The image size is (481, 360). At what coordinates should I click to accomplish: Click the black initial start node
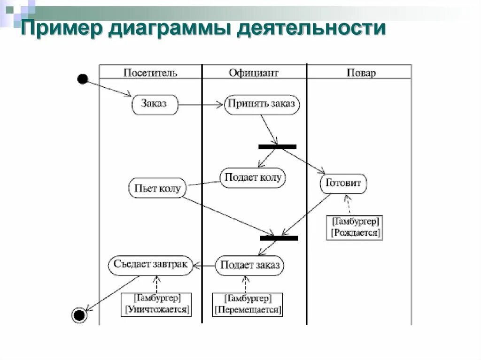(x=83, y=79)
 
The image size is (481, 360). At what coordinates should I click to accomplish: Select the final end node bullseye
(x=79, y=314)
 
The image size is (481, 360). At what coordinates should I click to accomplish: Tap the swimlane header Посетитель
(x=150, y=73)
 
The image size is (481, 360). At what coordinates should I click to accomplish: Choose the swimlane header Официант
(x=254, y=73)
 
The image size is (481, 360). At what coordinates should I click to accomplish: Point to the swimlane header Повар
(x=361, y=73)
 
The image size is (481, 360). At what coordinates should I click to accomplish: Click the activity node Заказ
(x=155, y=104)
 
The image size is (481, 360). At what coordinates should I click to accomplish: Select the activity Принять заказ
(x=262, y=104)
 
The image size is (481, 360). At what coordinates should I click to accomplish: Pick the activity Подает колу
(x=253, y=177)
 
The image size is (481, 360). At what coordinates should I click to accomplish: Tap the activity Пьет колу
(x=157, y=188)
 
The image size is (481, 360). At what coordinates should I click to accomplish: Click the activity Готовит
(x=343, y=184)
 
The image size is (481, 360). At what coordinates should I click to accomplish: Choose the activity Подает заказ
(x=250, y=266)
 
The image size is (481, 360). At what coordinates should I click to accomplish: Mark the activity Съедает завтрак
(x=150, y=265)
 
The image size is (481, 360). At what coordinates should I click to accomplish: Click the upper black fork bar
(x=278, y=146)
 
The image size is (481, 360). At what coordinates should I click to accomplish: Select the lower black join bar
(x=279, y=238)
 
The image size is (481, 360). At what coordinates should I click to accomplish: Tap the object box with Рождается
(x=355, y=227)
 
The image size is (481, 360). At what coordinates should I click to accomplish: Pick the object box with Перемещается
(x=248, y=305)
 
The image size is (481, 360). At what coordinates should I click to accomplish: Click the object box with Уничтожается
(x=156, y=304)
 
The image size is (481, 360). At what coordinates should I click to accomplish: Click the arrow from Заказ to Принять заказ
(x=201, y=105)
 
